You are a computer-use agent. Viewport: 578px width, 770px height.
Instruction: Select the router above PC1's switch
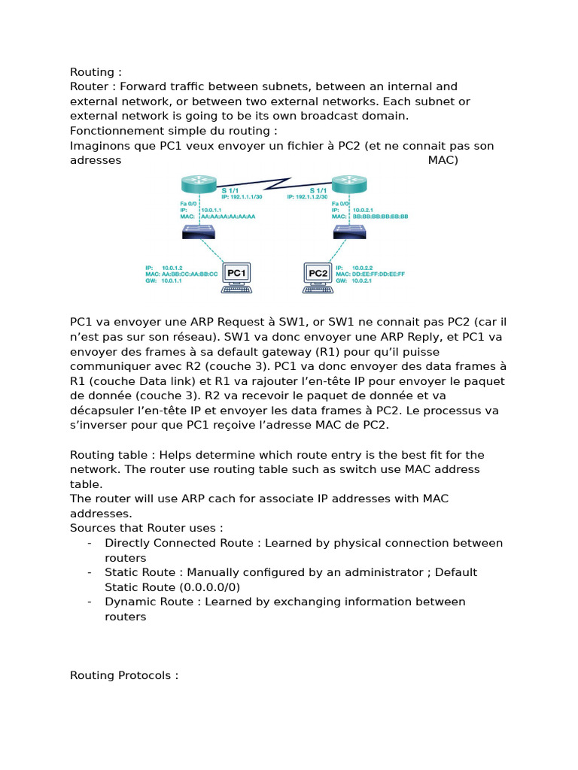point(199,186)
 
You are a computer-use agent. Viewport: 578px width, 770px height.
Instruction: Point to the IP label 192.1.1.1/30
point(242,196)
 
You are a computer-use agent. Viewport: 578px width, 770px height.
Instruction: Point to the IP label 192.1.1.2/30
point(308,196)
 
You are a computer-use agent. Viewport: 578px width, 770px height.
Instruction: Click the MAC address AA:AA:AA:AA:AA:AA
point(228,216)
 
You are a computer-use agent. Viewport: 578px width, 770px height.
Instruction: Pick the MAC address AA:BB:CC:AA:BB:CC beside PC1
point(192,274)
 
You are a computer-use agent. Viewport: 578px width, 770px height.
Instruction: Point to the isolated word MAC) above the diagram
point(443,160)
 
